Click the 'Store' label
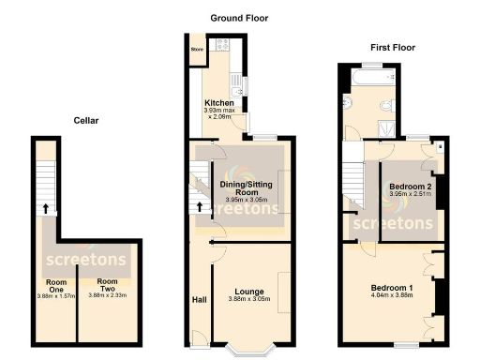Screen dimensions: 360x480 pos(197,49)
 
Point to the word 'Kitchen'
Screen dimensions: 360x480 pos(219,103)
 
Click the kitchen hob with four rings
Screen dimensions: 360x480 pos(224,44)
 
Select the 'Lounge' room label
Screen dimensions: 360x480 pos(248,292)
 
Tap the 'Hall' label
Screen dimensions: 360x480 pos(199,301)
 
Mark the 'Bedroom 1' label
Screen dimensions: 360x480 pos(392,287)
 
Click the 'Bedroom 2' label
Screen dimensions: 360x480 pos(410,187)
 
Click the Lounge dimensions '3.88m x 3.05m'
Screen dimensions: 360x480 pos(248,301)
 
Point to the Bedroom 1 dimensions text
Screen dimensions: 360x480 pos(392,296)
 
